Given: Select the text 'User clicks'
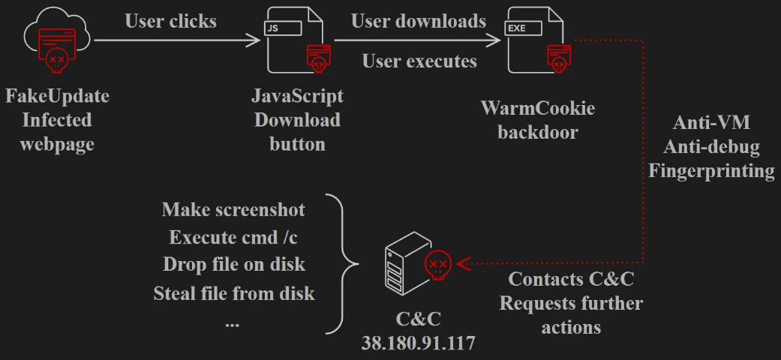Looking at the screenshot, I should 170,21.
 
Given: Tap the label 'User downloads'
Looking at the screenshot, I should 419,21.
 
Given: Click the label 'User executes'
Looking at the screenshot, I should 419,61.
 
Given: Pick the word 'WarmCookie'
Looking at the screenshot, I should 538,108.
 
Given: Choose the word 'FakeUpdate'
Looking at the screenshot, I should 57,97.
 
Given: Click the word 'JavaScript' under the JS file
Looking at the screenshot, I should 298,97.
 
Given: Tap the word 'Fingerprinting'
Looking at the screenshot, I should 711,170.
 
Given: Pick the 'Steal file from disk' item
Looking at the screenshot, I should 233,292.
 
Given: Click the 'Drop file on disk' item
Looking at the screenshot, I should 234,265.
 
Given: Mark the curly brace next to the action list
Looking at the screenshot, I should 340,264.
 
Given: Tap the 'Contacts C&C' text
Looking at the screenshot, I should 571,280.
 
